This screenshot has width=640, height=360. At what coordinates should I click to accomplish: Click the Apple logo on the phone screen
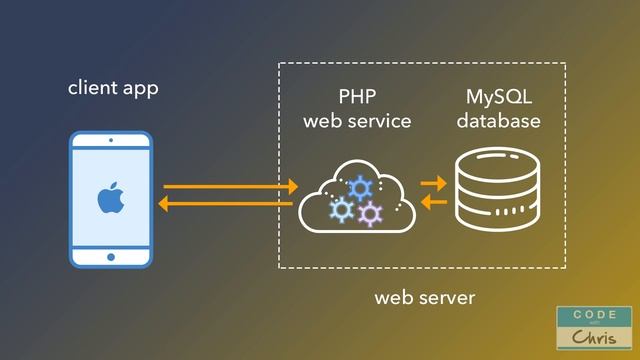point(110,199)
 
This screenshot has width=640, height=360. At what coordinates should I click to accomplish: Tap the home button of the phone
point(110,257)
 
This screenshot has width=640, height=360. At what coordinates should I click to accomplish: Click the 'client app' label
point(113,88)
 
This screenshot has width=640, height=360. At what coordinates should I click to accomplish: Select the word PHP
point(357,97)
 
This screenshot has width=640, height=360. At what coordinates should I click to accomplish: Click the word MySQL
point(499,97)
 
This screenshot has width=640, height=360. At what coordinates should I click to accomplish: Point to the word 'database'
point(499,121)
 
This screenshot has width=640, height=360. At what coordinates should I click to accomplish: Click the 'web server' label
point(425,298)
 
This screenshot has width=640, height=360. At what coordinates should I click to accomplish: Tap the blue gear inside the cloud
point(359,187)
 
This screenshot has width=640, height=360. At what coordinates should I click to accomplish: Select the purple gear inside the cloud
point(370,212)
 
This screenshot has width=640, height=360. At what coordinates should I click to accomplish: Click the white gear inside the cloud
point(341,209)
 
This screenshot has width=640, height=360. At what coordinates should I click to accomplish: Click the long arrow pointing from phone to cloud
point(230,186)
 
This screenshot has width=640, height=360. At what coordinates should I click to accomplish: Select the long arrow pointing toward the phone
point(226,204)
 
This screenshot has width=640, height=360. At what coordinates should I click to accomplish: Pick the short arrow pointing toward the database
point(433,184)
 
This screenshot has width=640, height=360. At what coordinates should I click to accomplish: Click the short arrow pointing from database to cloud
point(433,203)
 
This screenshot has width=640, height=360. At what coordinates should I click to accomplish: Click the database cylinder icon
point(498,191)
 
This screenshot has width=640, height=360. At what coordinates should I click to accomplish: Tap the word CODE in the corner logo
point(594,314)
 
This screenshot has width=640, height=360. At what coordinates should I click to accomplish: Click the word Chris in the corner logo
point(594,337)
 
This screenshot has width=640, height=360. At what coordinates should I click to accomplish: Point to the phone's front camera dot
point(110,141)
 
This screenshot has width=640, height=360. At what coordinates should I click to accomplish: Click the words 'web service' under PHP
point(357,121)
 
